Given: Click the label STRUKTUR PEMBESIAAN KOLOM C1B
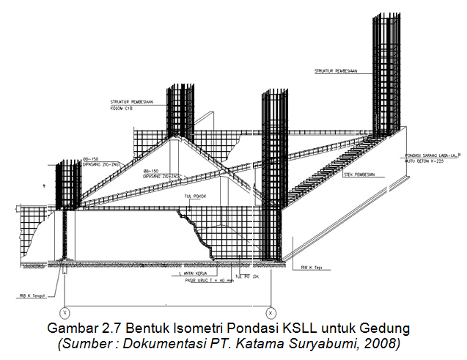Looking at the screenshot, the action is pos(131,105).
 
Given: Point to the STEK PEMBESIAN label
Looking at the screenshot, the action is pos(359,175).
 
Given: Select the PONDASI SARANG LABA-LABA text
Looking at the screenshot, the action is pos(433,156).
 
